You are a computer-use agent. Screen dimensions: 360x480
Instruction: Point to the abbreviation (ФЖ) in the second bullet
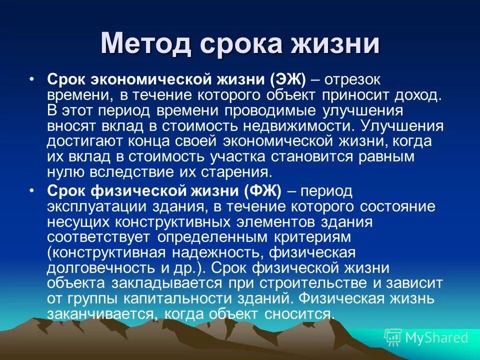point(263,191)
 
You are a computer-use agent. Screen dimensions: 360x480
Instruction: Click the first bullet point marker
point(32,79)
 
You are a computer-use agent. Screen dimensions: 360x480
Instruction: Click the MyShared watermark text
point(436,337)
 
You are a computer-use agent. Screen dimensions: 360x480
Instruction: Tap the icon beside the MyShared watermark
point(393,337)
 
